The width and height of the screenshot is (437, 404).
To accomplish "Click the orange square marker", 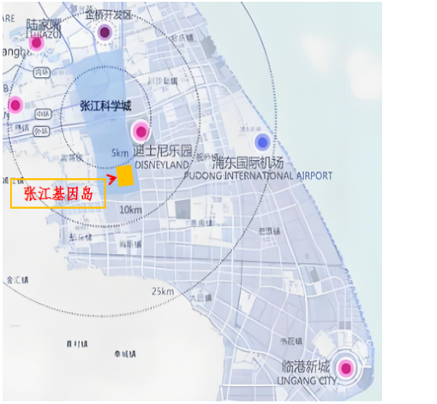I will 125,176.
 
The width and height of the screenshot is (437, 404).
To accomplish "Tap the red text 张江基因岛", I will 58,193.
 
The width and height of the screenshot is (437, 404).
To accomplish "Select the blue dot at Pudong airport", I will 262,141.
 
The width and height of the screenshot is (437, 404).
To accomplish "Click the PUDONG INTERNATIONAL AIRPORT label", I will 258,175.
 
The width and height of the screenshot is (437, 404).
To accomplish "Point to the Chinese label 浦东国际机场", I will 248,163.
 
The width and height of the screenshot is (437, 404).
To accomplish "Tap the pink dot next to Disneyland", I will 140,132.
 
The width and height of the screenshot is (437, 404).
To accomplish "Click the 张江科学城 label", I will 105,106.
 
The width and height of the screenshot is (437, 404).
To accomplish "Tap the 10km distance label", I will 130,211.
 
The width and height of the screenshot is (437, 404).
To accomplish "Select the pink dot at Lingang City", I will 345,368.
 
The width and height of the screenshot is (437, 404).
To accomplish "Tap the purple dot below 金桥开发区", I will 105,33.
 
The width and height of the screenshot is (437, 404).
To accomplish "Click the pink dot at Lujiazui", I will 36,43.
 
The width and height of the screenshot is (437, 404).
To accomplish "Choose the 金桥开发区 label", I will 109,15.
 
